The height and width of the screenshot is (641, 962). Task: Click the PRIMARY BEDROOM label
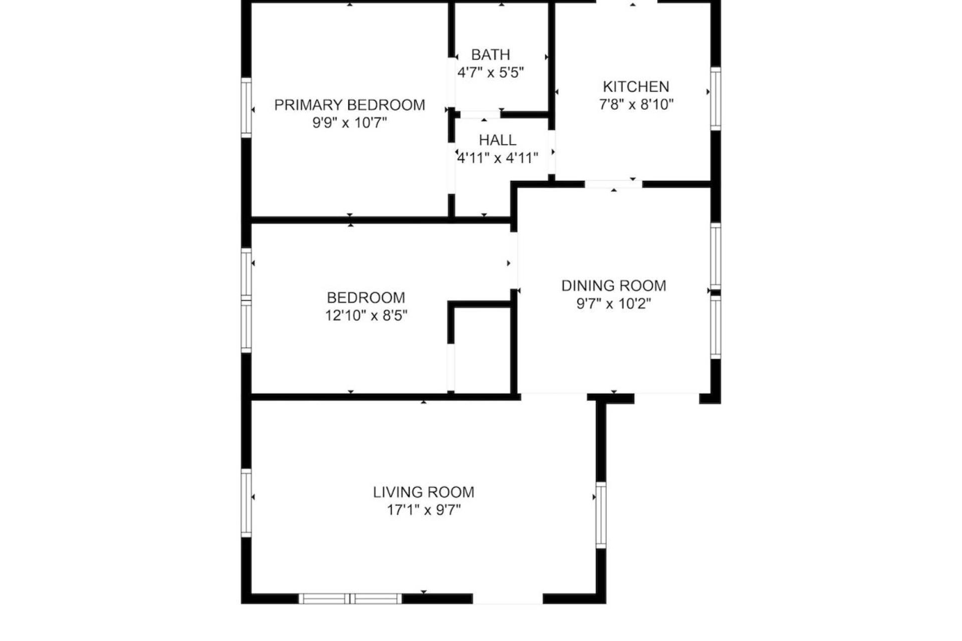[350, 105]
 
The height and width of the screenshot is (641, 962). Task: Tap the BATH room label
[491, 54]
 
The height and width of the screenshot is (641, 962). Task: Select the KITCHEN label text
[636, 87]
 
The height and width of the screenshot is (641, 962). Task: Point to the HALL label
[498, 140]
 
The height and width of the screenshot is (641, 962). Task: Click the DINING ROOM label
[614, 285]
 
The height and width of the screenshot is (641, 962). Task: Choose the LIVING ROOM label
[423, 492]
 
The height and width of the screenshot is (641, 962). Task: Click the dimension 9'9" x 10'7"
[350, 123]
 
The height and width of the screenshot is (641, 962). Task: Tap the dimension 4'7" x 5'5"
[491, 73]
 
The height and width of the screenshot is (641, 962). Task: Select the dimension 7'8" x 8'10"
[636, 105]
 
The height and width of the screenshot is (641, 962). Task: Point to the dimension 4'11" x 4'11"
[498, 158]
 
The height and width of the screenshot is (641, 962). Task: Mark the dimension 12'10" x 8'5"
[366, 315]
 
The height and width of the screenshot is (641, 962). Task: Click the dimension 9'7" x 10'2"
[614, 303]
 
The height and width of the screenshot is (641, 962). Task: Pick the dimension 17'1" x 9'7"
[423, 510]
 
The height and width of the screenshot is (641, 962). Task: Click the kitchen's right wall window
[716, 99]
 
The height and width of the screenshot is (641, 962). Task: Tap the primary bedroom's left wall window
[246, 107]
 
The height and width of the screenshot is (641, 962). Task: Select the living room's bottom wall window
[350, 598]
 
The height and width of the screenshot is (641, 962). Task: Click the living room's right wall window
[601, 515]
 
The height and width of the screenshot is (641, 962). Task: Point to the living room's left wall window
[246, 503]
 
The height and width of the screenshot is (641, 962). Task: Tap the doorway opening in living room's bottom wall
[508, 598]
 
